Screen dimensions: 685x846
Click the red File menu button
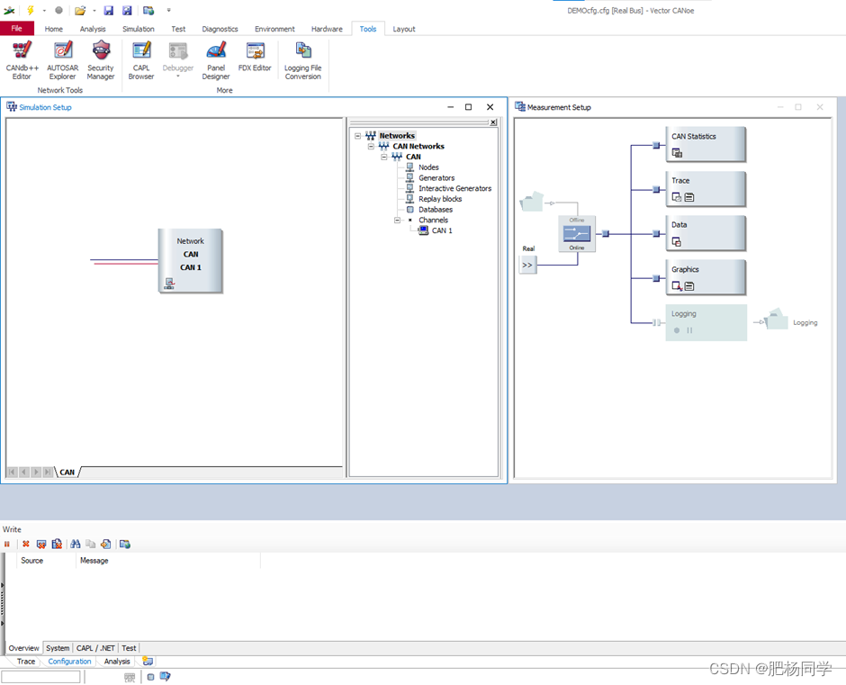(x=16, y=29)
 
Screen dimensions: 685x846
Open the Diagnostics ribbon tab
(x=220, y=29)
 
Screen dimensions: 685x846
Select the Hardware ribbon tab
(x=327, y=29)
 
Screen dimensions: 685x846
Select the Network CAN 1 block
(x=190, y=260)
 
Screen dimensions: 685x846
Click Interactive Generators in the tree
(x=454, y=188)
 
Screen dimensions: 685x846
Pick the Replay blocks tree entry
(x=440, y=199)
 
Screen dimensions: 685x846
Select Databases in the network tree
(x=436, y=210)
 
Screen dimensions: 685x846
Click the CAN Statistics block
(x=706, y=144)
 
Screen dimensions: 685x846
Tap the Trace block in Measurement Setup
(x=706, y=188)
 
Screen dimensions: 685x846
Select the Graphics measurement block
(x=706, y=277)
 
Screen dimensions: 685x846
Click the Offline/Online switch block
(x=577, y=234)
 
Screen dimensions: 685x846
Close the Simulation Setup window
(x=490, y=107)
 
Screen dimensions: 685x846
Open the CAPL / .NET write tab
(x=95, y=648)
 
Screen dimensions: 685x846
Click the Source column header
(x=32, y=561)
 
